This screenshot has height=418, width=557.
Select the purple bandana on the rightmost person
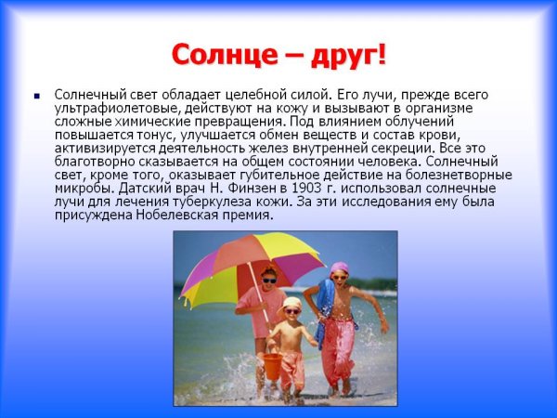[339, 267]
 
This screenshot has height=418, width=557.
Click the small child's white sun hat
[292, 303]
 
